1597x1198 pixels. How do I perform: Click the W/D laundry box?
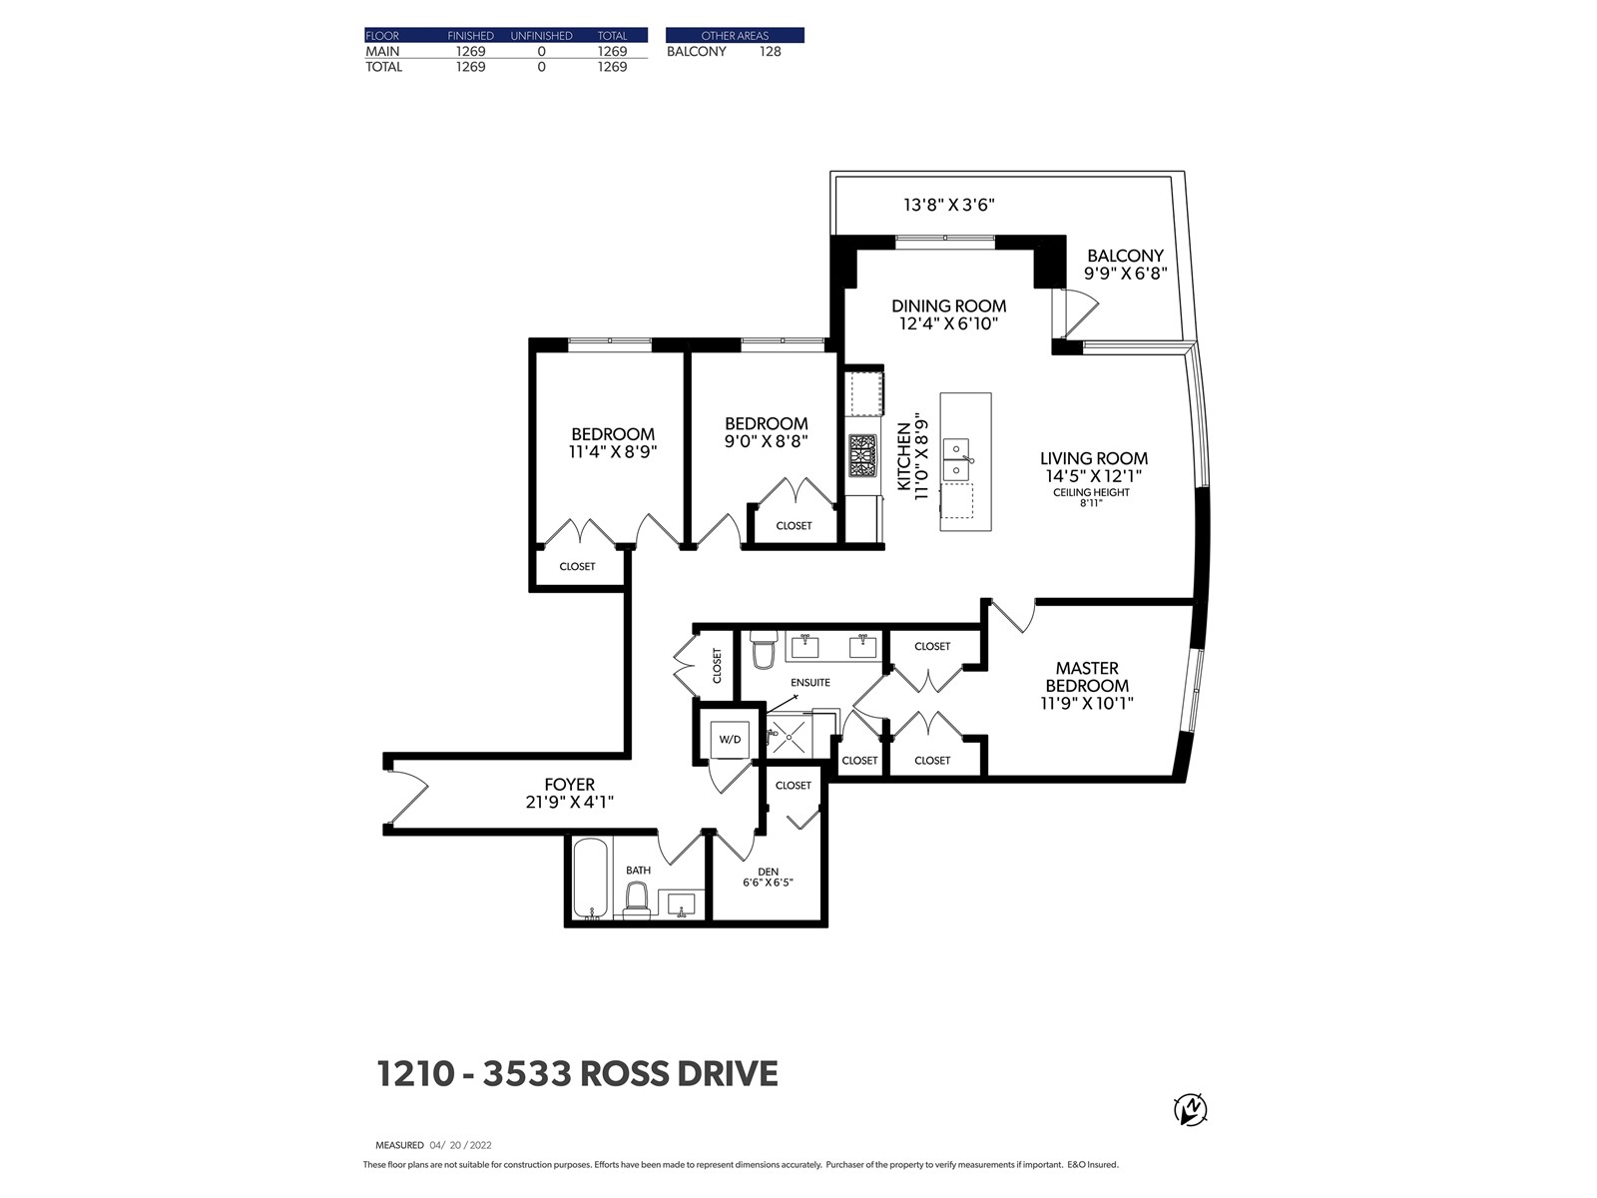(x=730, y=739)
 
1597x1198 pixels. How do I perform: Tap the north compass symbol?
(x=1191, y=1111)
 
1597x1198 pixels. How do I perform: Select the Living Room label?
(x=1094, y=458)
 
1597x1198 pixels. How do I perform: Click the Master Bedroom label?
(x=1087, y=677)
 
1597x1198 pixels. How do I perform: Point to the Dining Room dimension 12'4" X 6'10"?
(x=949, y=323)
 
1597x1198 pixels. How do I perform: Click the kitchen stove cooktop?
(x=862, y=456)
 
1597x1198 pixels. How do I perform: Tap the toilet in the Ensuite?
(x=764, y=649)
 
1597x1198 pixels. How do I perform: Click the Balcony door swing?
(x=1080, y=312)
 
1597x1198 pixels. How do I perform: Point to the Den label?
(x=768, y=872)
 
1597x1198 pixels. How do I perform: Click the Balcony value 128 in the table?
(x=770, y=52)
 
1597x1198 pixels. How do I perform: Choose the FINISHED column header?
(x=470, y=36)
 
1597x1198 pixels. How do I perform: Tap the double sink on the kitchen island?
(x=957, y=460)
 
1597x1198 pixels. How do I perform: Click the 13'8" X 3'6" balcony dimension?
(x=949, y=205)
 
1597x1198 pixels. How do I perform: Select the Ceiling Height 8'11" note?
(x=1091, y=497)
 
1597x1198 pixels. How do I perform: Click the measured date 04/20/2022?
(x=460, y=1145)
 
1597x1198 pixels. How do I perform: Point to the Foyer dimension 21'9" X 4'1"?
(x=570, y=803)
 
